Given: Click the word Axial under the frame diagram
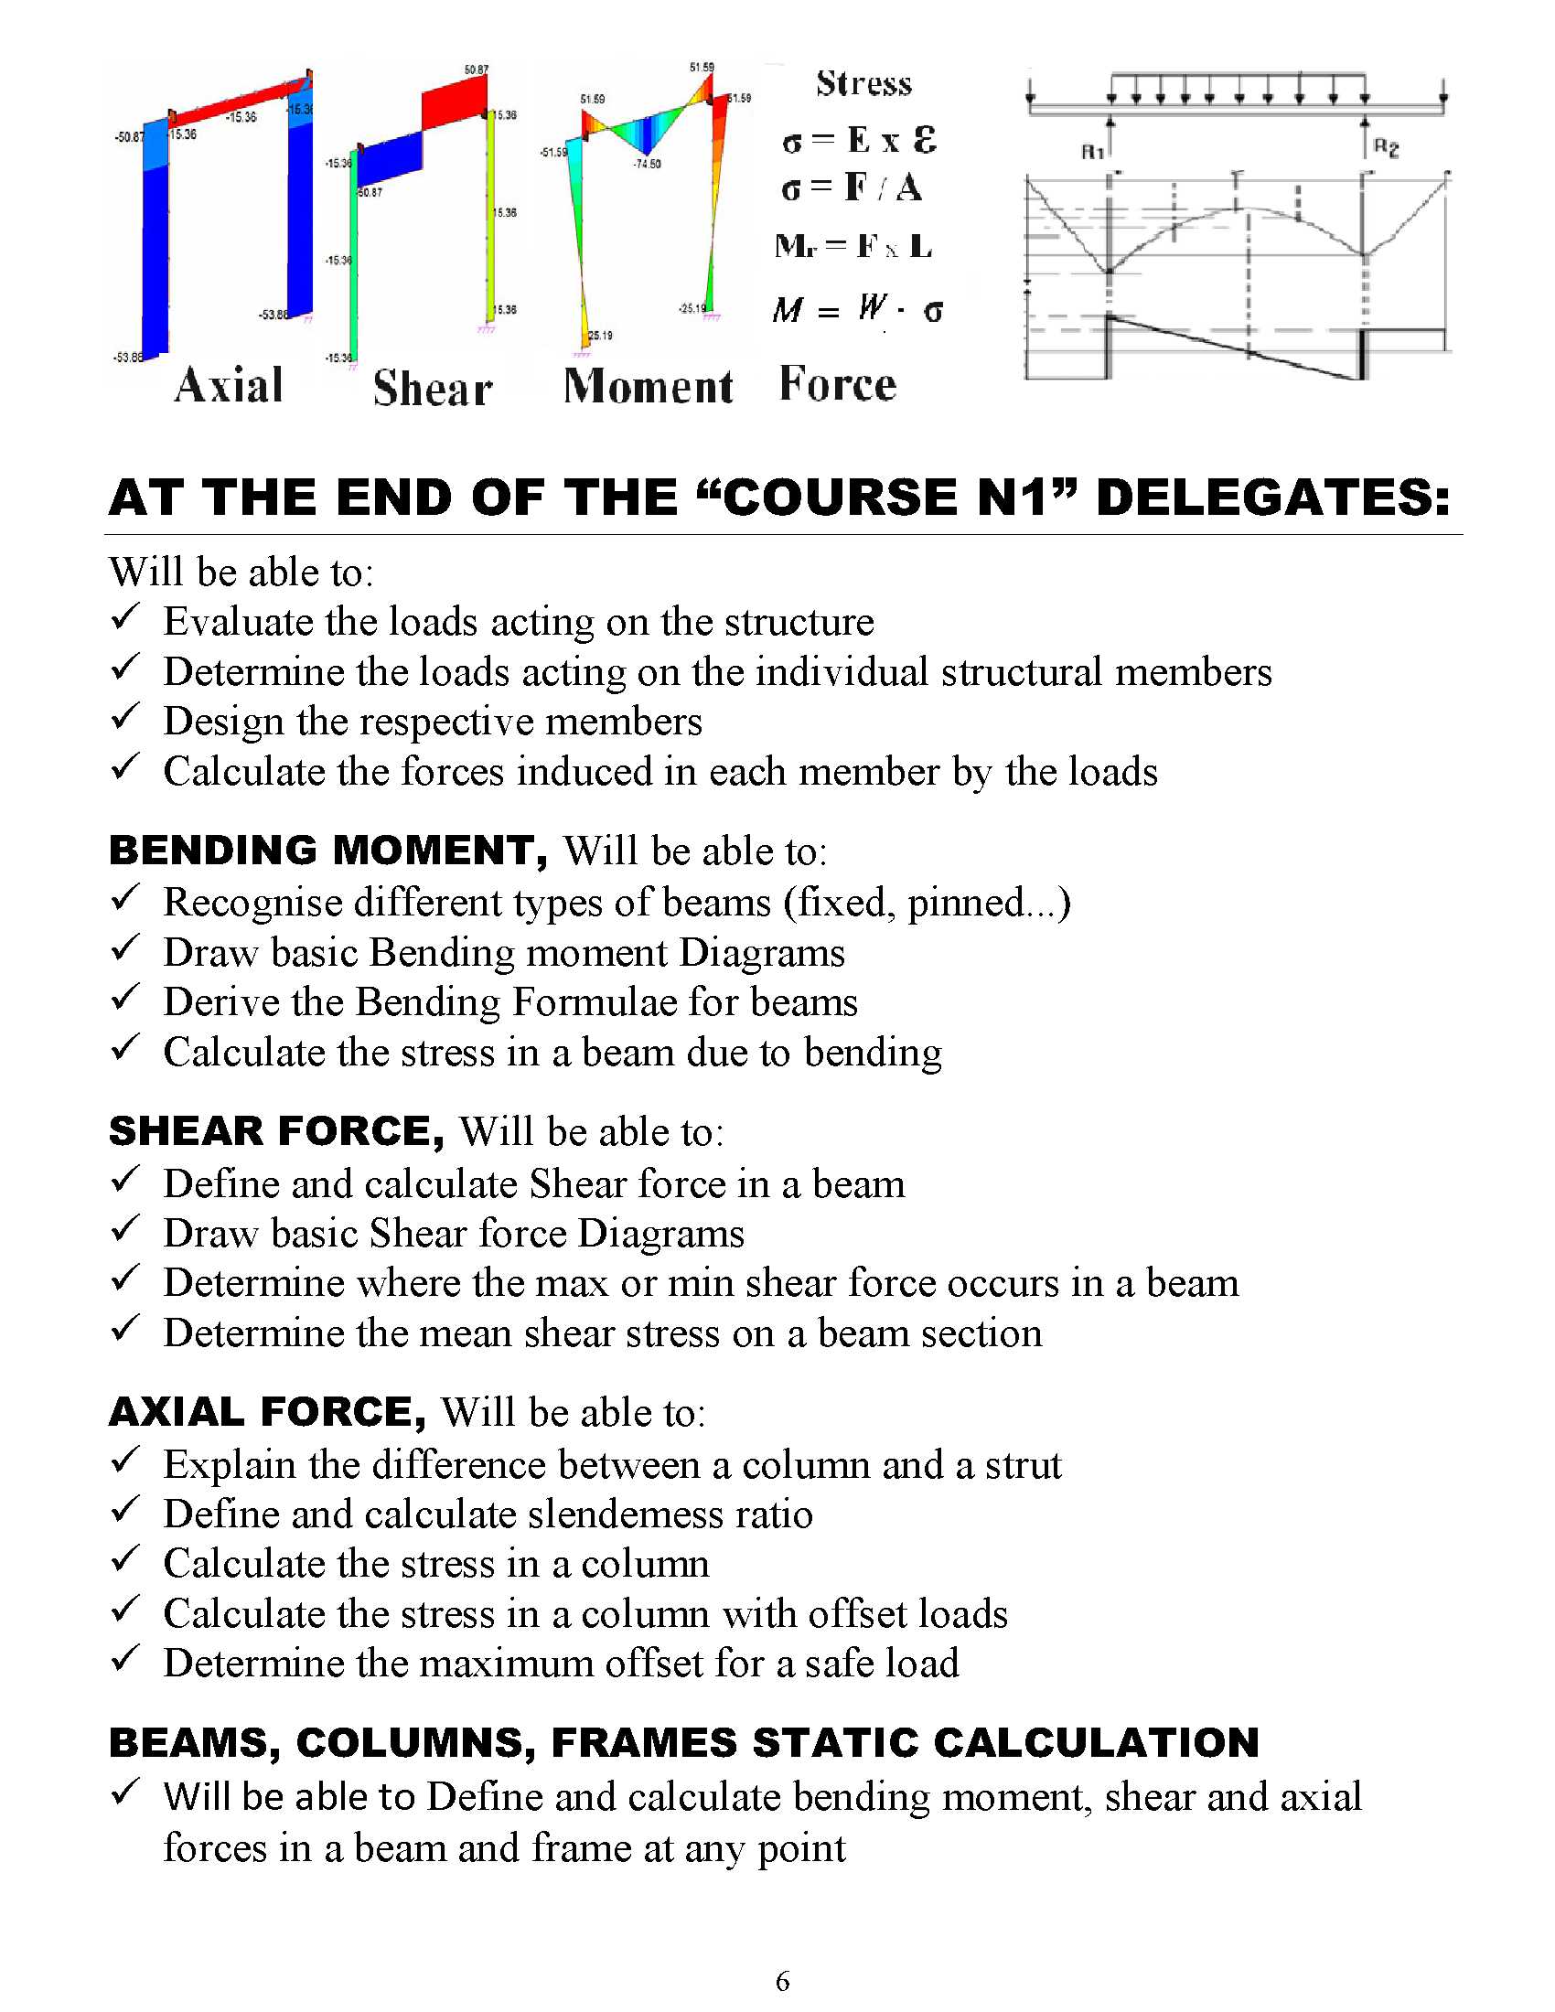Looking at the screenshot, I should pos(229,385).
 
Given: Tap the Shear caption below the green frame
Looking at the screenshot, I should pos(432,388).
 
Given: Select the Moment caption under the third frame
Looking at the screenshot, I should pos(648,386).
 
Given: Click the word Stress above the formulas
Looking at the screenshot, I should pos(863,84).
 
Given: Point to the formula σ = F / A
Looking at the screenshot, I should pos(852,187).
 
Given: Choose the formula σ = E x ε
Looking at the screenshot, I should pos(859,140).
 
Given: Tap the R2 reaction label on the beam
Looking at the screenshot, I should pos(1386,147).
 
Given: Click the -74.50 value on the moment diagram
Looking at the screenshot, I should pos(647,164).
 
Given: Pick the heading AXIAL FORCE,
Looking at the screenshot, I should pos(267,1412).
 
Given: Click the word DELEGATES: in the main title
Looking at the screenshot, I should pos(1272,498).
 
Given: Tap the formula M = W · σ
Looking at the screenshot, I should pos(857,309).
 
